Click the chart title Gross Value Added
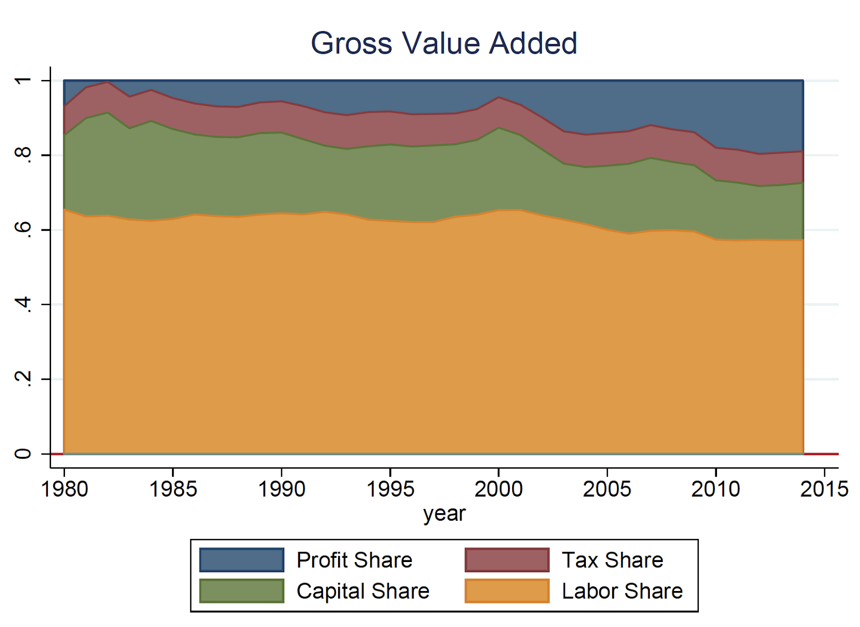tap(444, 43)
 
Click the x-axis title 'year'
tap(444, 514)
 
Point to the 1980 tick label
tap(64, 489)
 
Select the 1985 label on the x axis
tap(173, 489)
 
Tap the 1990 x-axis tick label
tap(282, 489)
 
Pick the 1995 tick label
tap(390, 489)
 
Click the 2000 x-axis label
tap(499, 489)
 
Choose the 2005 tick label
tap(607, 489)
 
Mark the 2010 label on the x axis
tap(716, 489)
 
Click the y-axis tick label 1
tap(23, 81)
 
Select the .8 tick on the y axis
tap(23, 155)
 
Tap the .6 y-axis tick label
tap(23, 230)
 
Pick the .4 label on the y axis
tap(23, 304)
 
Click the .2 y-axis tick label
tap(23, 379)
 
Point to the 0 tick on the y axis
tap(23, 454)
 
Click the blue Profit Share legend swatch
tap(242, 560)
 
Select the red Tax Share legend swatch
tap(507, 560)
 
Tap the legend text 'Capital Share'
tap(363, 591)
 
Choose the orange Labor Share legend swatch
tap(507, 591)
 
